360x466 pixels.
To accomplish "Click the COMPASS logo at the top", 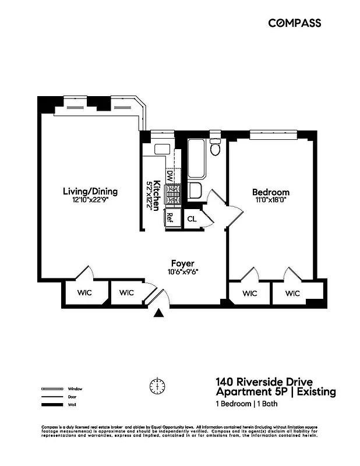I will (294, 23).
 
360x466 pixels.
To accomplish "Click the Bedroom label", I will (270, 192).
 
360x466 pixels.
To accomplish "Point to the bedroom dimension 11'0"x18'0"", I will (270, 200).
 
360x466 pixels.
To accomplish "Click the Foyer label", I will (182, 263).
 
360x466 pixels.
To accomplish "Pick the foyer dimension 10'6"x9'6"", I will (182, 271).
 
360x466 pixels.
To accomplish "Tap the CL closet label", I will (192, 219).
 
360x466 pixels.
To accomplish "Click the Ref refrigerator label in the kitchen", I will (170, 218).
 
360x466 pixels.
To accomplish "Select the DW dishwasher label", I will (170, 174).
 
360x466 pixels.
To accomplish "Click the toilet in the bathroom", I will (215, 147).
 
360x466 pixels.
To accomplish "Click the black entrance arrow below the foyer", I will (159, 314).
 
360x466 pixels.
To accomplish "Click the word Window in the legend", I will (75, 389).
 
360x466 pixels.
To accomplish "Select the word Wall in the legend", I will (72, 404).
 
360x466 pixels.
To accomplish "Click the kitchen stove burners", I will (172, 195).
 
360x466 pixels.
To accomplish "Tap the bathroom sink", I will (196, 190).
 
